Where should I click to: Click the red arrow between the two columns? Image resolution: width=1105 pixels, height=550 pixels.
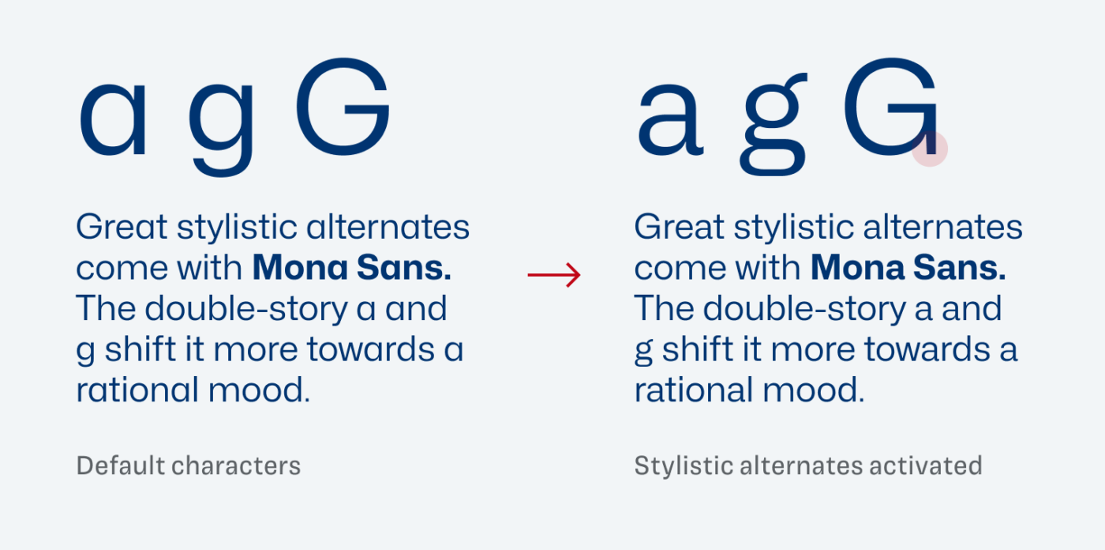[x=554, y=275]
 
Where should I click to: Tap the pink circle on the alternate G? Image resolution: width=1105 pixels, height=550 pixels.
[x=930, y=149]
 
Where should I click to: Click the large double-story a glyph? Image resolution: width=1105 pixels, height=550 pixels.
[x=670, y=119]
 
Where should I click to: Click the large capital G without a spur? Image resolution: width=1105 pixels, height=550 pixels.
[x=344, y=106]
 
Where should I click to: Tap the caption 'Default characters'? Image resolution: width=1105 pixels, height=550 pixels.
[x=189, y=465]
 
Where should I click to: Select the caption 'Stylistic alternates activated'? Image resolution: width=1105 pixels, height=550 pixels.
[x=808, y=465]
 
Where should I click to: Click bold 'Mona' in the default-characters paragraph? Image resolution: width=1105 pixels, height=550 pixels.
[x=300, y=268]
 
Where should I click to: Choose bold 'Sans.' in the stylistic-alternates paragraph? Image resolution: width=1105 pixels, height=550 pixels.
[x=960, y=268]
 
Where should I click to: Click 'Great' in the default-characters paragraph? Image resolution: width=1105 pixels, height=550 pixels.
[x=122, y=227]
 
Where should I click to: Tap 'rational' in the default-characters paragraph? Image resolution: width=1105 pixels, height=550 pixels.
[x=137, y=390]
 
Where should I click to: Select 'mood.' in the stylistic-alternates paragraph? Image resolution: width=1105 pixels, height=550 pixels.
[x=814, y=390]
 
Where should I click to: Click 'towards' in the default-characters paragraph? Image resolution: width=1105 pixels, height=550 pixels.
[x=370, y=349]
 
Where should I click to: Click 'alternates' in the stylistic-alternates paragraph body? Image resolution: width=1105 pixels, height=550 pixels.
[x=942, y=227]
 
